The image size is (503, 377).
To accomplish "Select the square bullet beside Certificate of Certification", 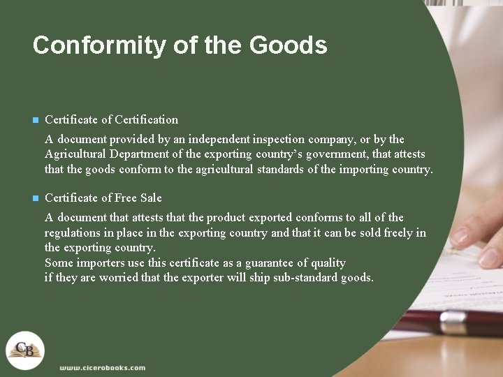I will [36, 120].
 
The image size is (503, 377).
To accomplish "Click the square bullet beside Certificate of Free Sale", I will [36, 198].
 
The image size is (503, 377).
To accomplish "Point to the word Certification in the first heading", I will [146, 119].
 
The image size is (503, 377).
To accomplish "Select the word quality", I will [328, 263].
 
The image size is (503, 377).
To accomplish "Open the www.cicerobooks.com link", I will [102, 367].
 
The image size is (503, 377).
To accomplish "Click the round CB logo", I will [25, 350].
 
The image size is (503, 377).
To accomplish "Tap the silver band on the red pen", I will [453, 323].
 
